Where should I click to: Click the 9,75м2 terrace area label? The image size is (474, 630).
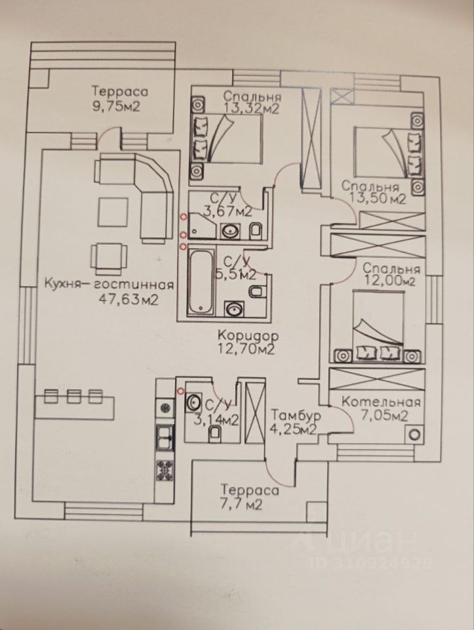point(120,106)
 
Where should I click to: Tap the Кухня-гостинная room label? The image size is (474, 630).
point(109,285)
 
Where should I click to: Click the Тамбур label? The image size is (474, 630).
point(294,415)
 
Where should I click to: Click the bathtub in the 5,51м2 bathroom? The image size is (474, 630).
point(201,282)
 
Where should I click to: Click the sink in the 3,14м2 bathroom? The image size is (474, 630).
point(195,401)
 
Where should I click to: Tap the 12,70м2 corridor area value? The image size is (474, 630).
point(246,348)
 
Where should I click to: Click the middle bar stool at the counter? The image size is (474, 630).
point(73,396)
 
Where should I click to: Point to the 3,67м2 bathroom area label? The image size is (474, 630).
point(219,211)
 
